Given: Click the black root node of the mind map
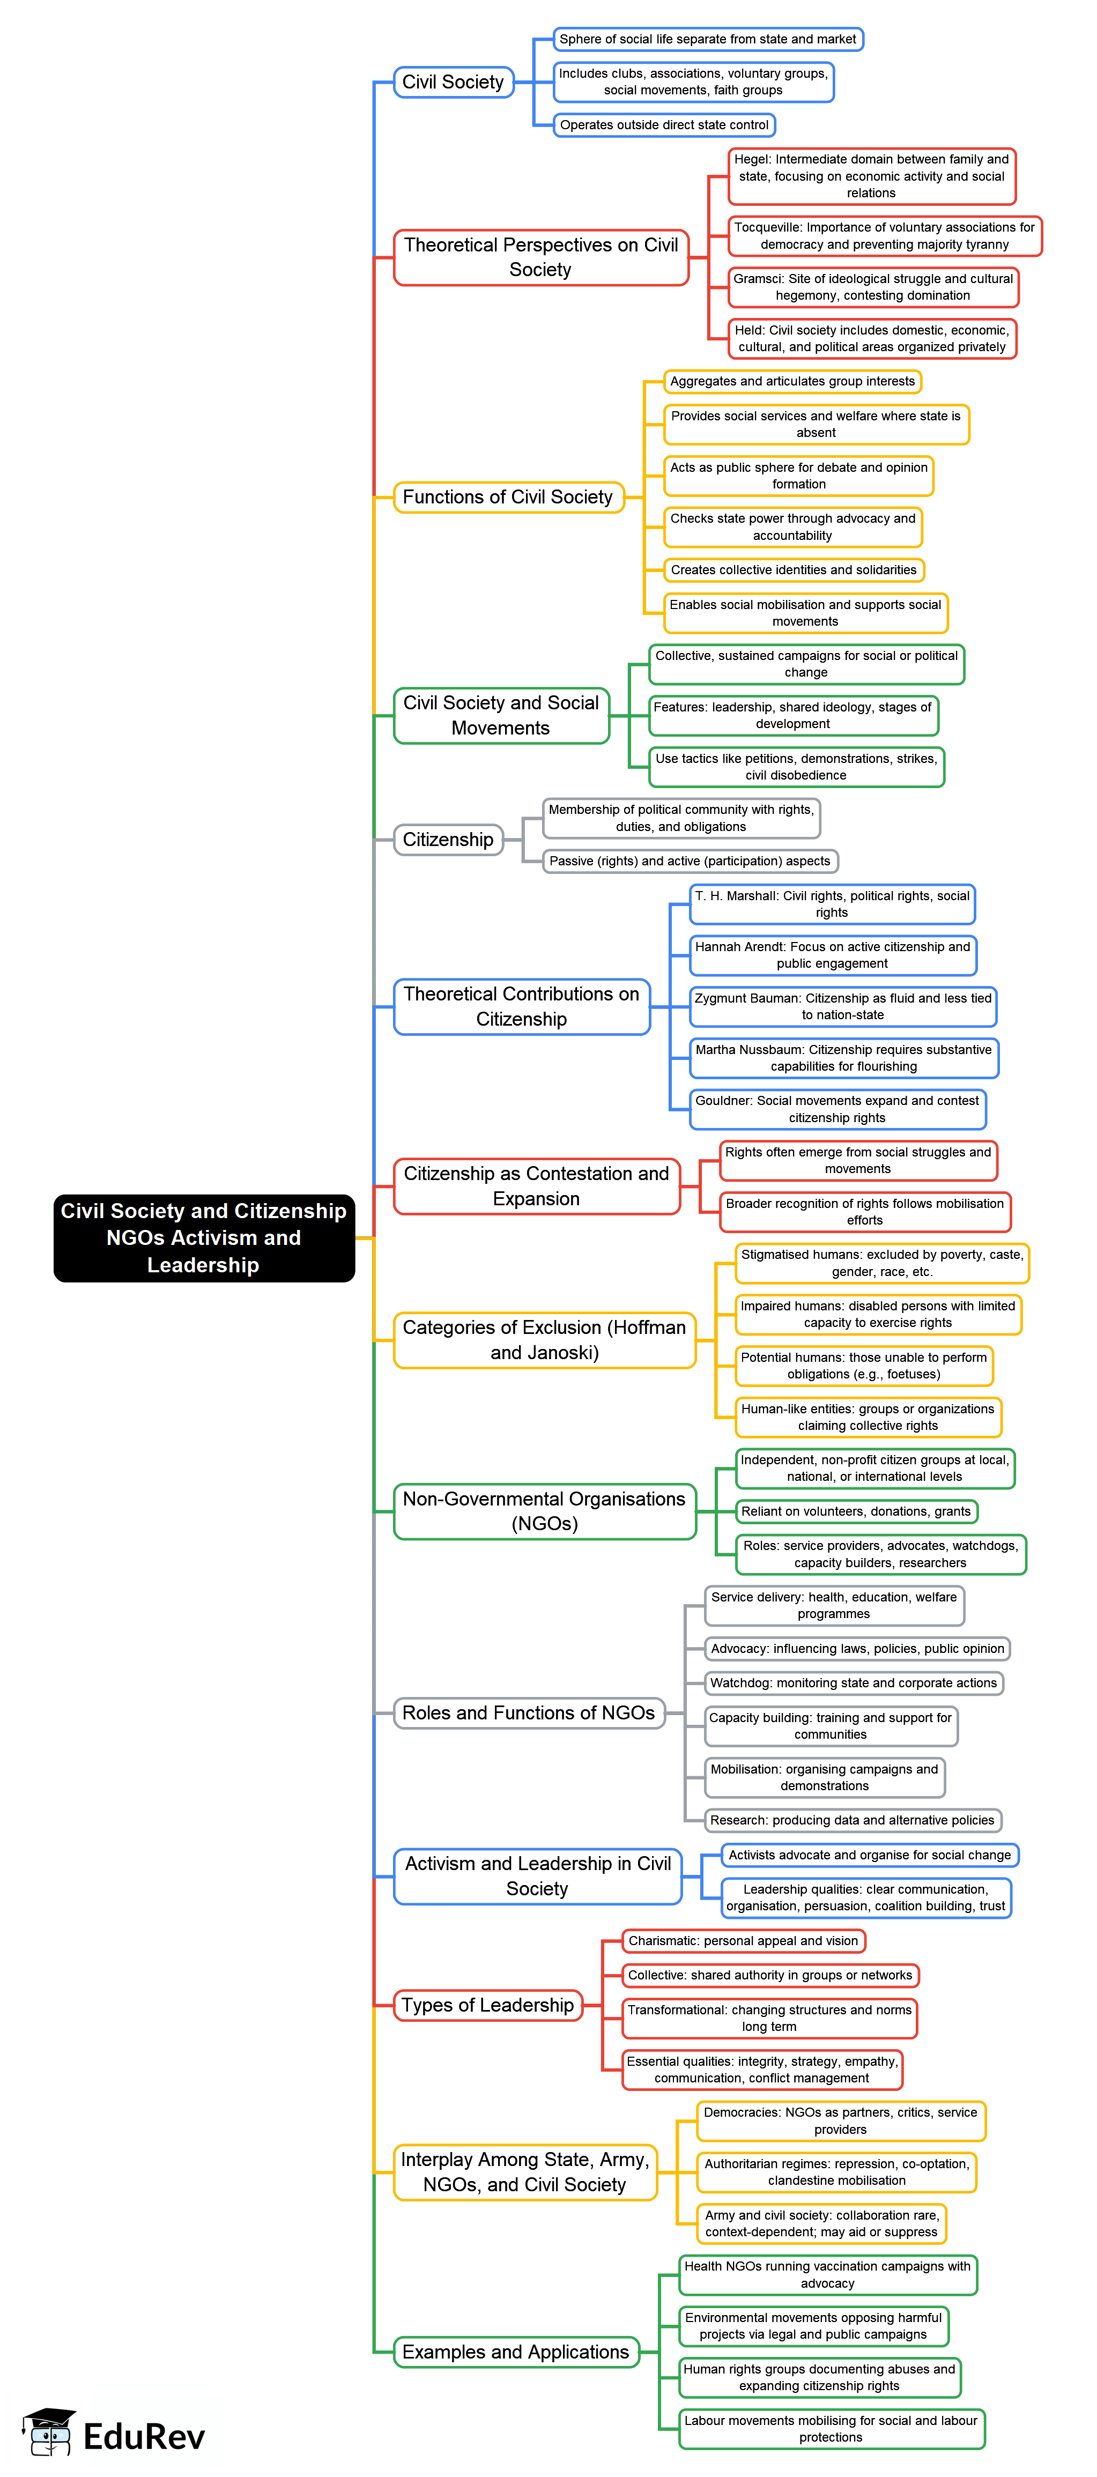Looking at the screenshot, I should point(204,1237).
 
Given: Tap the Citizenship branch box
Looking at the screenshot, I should point(448,840).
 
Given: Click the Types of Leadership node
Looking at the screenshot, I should point(487,2005).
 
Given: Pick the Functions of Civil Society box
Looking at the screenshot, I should point(508,497).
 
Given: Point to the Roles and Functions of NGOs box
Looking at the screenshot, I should point(529,1712).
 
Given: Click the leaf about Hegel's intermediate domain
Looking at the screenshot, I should point(871,176).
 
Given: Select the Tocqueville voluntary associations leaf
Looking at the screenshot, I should point(885,235).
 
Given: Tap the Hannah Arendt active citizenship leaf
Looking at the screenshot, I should point(833,955).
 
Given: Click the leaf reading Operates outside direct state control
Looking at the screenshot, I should point(664,125).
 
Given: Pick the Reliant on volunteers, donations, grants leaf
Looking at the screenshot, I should point(856,1511).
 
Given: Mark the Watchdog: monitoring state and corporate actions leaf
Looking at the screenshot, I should point(854,1683).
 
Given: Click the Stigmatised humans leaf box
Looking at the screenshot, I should point(881,1263).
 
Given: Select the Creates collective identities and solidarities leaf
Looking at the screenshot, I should point(793,570).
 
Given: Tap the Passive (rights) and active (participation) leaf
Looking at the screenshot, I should point(690,861).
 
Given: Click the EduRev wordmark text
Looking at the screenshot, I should point(144,2437).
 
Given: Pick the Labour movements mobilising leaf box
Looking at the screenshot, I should point(831,2428).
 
